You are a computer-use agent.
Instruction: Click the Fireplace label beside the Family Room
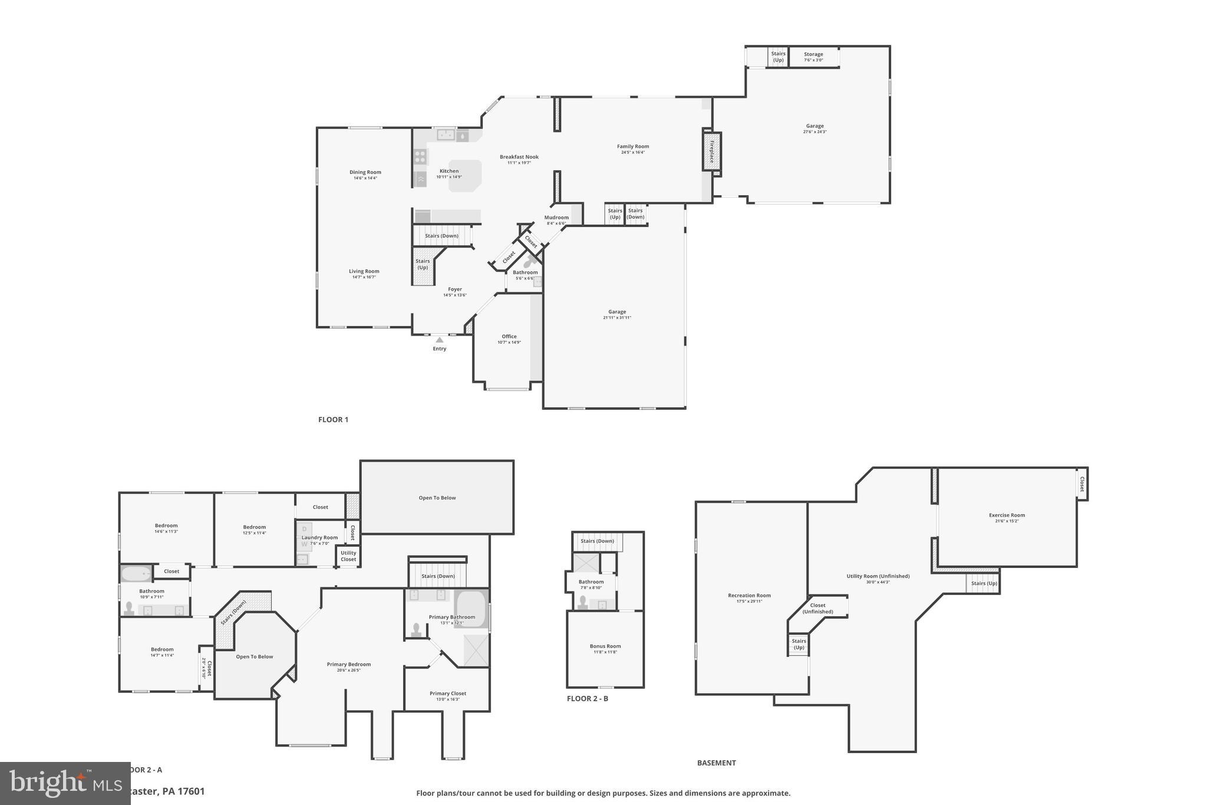[x=711, y=152]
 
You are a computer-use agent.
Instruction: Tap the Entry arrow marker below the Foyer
[x=439, y=340]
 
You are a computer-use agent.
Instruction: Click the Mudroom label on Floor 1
[x=556, y=218]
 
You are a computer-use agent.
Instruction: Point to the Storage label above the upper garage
[x=813, y=54]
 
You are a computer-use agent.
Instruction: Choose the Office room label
[x=509, y=337]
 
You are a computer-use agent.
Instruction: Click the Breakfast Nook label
[x=519, y=157]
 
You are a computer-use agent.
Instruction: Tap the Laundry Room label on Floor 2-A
[x=320, y=537]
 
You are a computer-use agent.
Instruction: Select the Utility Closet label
[x=348, y=556]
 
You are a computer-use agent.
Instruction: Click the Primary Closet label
[x=448, y=694]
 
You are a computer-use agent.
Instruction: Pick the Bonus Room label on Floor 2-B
[x=605, y=646]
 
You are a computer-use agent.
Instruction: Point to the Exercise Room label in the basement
[x=1007, y=515]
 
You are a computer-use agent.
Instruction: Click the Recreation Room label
[x=749, y=596]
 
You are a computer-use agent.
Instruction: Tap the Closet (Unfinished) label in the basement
[x=817, y=608]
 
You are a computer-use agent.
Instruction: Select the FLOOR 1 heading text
[x=333, y=420]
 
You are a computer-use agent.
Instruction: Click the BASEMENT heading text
[x=716, y=763]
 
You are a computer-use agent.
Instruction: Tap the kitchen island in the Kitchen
[x=465, y=176]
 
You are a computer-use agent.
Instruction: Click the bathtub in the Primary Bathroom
[x=471, y=609]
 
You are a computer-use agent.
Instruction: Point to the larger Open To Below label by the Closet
[x=437, y=498]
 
